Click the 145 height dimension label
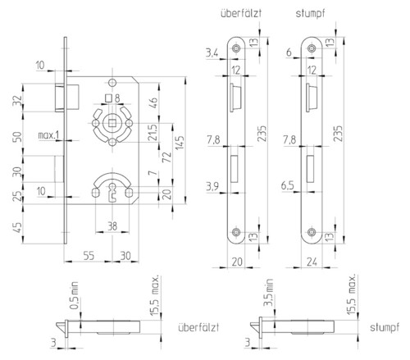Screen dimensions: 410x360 click(180, 143)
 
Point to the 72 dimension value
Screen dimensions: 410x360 click(166, 157)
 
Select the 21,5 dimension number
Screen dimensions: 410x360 click(153, 133)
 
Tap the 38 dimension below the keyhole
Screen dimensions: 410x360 click(112, 226)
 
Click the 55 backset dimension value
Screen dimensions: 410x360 click(89, 256)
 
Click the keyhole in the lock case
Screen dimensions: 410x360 click(112, 193)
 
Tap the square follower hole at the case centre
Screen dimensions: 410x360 click(112, 123)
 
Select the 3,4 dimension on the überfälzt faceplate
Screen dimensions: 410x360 click(212, 52)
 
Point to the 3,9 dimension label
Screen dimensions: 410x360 click(212, 186)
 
